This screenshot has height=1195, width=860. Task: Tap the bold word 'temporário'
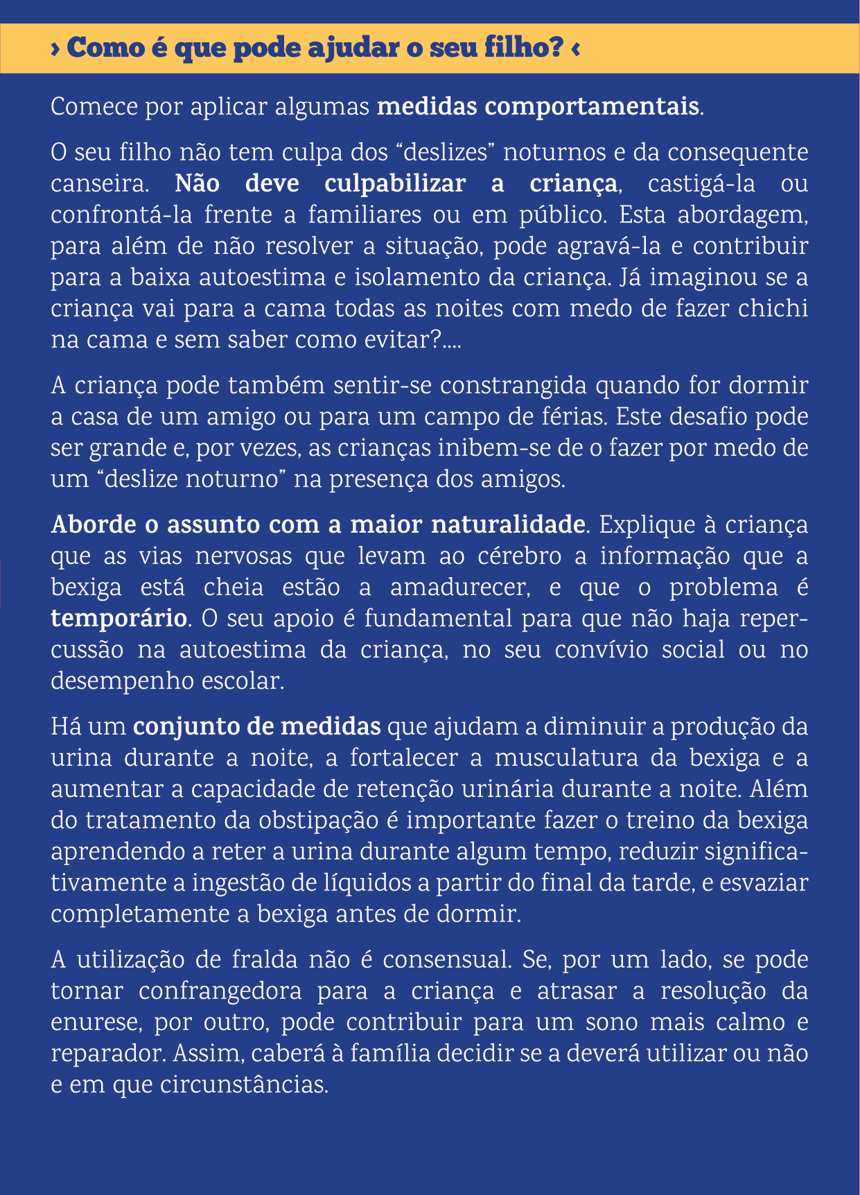(119, 619)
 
